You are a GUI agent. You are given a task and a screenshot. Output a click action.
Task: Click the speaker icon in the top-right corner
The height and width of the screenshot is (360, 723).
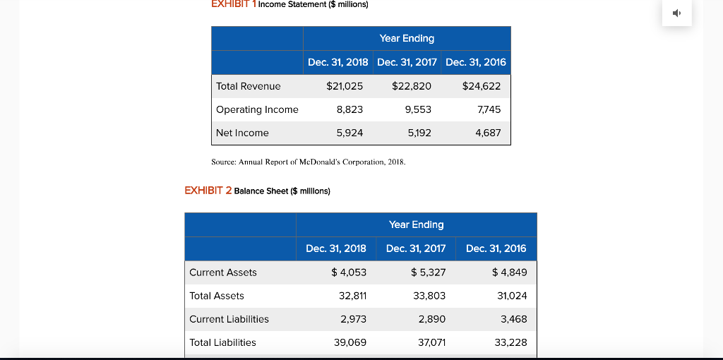[x=676, y=13]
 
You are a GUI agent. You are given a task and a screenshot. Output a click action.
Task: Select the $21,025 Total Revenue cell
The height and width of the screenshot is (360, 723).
[x=345, y=86]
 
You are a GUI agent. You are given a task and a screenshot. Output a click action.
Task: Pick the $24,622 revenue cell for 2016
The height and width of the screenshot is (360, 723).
[x=482, y=86]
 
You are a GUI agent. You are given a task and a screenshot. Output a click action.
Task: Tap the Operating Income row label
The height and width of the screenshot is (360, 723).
[x=257, y=109]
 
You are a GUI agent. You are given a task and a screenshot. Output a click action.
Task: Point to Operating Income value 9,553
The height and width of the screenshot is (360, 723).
[x=418, y=109]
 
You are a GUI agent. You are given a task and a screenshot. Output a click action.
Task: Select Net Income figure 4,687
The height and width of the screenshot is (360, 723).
[x=488, y=133]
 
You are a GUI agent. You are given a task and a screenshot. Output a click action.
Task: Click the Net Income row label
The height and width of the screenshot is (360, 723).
[x=242, y=133]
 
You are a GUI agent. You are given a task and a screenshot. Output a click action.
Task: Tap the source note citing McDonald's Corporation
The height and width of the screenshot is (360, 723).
[x=309, y=162]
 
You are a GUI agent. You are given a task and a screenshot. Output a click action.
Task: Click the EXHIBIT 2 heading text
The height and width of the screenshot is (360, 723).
[x=208, y=191]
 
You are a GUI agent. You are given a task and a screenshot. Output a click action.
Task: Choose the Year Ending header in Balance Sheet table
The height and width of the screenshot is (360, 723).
[x=416, y=224]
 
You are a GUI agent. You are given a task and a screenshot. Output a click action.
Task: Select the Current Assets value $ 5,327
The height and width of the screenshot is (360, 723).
[x=428, y=272]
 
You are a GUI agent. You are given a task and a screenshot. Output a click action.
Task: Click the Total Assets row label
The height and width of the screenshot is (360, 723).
[x=217, y=296]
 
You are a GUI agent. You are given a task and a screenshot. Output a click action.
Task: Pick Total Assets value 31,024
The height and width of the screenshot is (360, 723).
[x=512, y=296]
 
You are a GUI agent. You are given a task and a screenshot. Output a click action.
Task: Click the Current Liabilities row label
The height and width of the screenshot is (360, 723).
[x=229, y=319]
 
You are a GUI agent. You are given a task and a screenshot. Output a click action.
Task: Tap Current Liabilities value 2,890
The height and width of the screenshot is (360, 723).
[x=431, y=319]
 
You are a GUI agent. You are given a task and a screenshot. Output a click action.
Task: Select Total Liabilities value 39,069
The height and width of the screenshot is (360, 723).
[x=349, y=342]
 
